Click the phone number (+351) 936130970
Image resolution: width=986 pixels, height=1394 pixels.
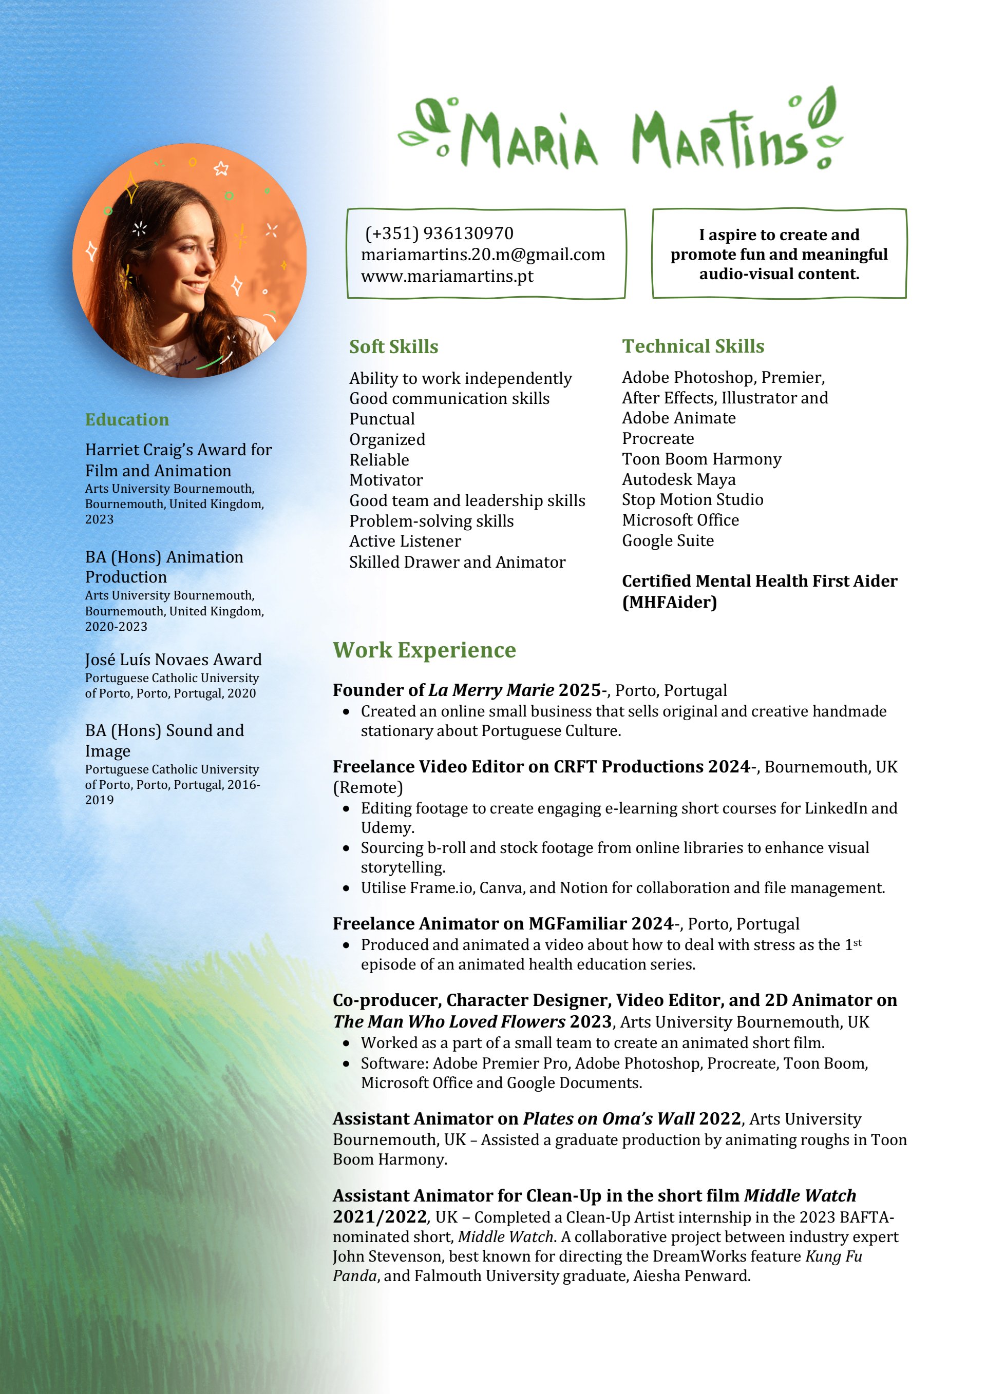pos(439,233)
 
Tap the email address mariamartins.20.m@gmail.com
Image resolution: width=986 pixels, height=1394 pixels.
pos(483,255)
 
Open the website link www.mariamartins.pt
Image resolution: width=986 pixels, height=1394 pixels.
pos(447,276)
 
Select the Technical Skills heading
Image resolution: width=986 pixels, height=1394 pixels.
pos(693,346)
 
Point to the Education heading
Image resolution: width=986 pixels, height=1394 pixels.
pos(127,419)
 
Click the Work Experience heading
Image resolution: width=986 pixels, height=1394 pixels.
pos(424,650)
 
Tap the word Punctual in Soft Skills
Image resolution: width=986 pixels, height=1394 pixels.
pos(382,419)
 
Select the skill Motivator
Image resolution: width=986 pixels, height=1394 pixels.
pos(386,480)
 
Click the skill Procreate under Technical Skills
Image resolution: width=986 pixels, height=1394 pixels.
pos(657,438)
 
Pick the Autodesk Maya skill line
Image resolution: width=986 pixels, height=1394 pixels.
pos(678,480)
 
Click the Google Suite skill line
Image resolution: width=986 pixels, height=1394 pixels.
pos(668,540)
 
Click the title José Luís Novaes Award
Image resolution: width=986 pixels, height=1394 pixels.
pos(173,660)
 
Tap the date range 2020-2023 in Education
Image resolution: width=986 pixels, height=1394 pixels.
pos(116,627)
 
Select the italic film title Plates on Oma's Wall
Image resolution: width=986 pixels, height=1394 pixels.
pos(608,1118)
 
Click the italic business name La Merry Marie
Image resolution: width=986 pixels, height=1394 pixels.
pos(491,690)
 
